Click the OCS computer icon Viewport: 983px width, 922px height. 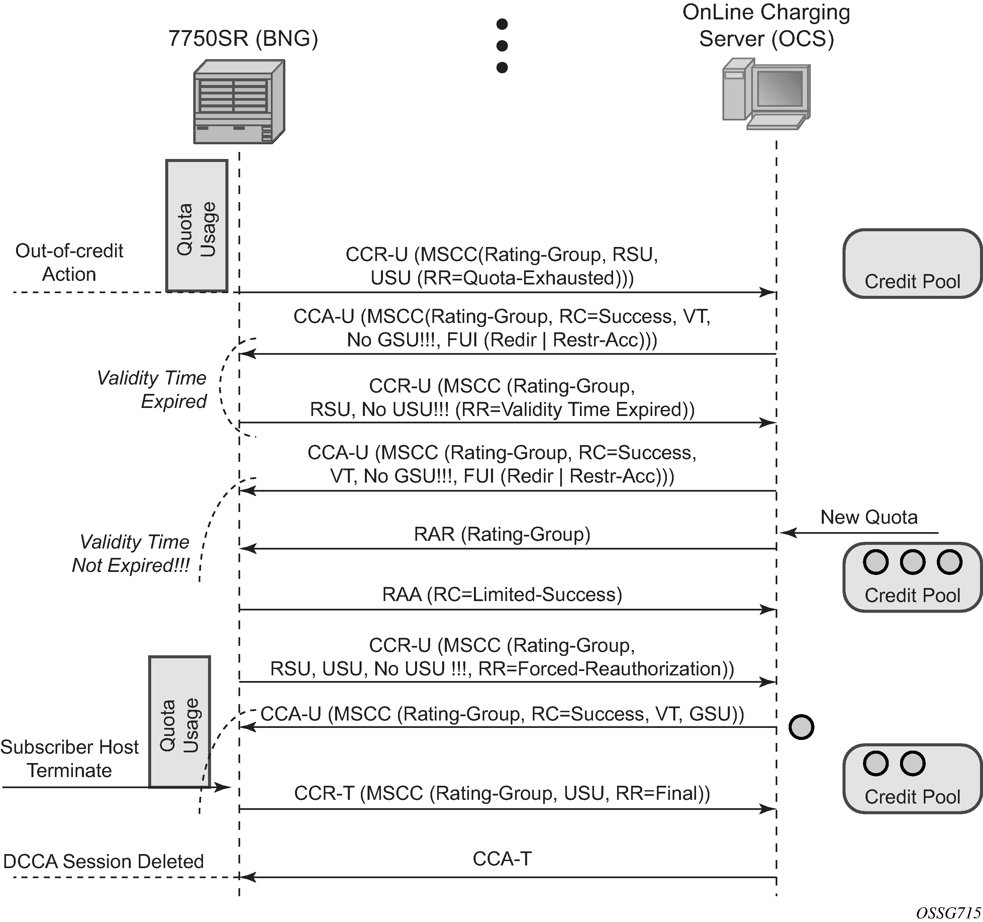coord(766,94)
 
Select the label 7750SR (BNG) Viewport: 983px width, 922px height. coord(243,38)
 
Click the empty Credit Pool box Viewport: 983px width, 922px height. coord(912,264)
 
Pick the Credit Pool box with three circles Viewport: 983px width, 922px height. coord(912,577)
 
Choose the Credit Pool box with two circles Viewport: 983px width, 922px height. coord(912,778)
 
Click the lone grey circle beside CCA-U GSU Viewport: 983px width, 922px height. coord(801,727)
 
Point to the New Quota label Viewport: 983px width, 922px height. coord(869,517)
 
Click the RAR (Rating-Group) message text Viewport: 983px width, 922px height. coord(502,534)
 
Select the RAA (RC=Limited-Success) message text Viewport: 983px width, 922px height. coord(502,594)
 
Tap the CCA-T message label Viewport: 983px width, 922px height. coord(502,859)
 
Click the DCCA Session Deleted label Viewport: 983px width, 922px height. coord(103,861)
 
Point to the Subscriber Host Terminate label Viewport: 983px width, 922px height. coord(69,758)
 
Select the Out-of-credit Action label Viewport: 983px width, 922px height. coord(69,262)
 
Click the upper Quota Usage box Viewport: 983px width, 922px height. coord(196,226)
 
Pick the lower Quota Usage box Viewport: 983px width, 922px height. coord(180,722)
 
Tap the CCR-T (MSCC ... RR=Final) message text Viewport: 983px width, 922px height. coord(502,793)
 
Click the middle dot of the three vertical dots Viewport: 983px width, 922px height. coord(502,46)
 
